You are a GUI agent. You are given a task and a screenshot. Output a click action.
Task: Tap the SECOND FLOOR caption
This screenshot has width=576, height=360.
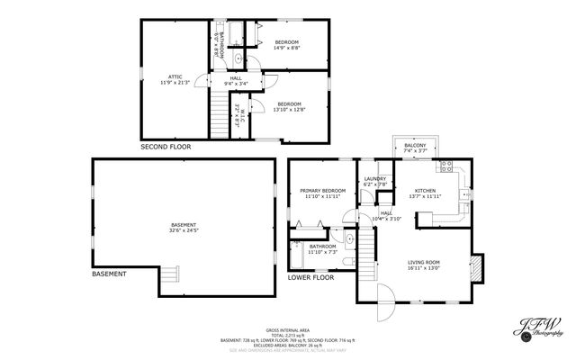pyautogui.click(x=166, y=146)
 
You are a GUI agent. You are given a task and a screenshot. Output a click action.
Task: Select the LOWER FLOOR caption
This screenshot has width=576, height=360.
pyautogui.click(x=310, y=277)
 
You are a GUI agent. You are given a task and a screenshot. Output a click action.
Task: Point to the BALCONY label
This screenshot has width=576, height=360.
pyautogui.click(x=414, y=146)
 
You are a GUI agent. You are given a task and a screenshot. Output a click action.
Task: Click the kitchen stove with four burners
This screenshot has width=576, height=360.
pyautogui.click(x=444, y=167)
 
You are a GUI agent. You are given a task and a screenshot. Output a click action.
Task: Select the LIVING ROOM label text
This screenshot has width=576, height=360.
pyautogui.click(x=425, y=263)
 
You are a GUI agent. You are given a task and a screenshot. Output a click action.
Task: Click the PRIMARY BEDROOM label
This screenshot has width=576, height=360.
pyautogui.click(x=322, y=191)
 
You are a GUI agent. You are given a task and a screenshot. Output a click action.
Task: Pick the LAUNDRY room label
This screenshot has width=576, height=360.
pyautogui.click(x=374, y=179)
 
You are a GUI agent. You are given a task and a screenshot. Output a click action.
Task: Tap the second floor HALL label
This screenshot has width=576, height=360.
pyautogui.click(x=236, y=78)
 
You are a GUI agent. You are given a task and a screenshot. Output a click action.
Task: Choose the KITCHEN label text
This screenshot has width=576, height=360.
pyautogui.click(x=425, y=191)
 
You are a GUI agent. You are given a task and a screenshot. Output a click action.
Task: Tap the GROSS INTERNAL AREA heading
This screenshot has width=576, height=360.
pyautogui.click(x=288, y=330)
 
